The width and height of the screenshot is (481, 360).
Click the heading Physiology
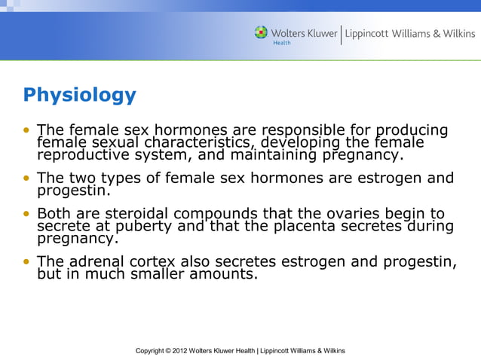tap(79, 96)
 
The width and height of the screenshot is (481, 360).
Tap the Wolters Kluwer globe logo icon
tap(261, 32)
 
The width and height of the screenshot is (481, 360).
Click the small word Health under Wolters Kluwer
tap(280, 43)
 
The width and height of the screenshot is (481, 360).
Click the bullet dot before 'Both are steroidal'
tap(27, 214)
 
